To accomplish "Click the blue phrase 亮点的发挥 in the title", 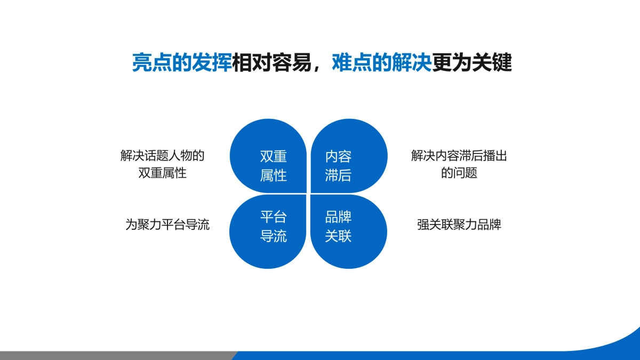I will coord(182,63).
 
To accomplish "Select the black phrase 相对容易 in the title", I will coord(272,63).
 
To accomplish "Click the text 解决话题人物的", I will coord(163,156).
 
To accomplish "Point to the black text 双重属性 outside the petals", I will coord(162,173).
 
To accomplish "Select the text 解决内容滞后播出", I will coord(459,156).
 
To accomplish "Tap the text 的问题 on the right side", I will coord(459,173).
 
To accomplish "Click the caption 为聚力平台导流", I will coord(167,225).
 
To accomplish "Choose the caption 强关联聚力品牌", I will coord(459,225).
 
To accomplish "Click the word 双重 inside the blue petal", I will coord(274,157).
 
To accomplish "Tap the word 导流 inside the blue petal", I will coord(274,236).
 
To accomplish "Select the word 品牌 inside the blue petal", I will coord(338,218).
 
